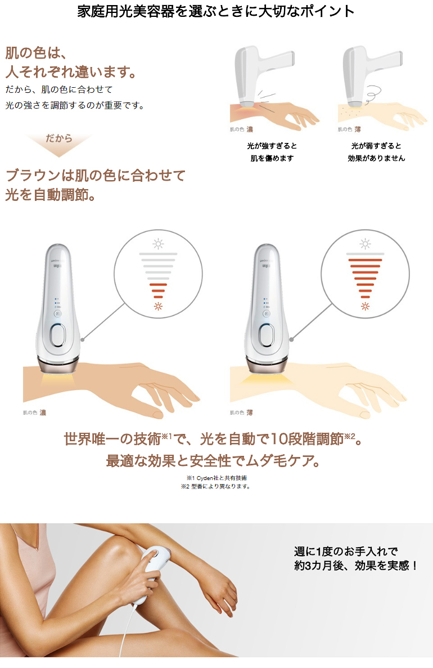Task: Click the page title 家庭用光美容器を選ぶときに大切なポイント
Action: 216,11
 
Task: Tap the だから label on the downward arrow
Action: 58,138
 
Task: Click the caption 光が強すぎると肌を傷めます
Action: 272,151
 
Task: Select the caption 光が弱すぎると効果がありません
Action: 376,151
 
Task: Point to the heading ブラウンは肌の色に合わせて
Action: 96,175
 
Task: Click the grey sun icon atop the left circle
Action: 159,244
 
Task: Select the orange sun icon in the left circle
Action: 159,306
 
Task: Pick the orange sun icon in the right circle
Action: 366,306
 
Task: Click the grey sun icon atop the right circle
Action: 366,244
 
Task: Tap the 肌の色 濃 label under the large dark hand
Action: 34,413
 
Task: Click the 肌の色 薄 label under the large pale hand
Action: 241,413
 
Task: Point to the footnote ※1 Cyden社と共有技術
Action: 216,478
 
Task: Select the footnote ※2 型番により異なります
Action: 215,487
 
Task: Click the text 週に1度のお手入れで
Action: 346,552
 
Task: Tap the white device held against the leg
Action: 154,573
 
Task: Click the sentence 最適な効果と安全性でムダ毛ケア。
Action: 213,460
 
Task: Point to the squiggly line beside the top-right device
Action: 371,92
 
